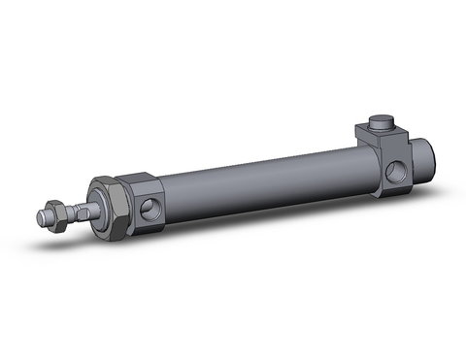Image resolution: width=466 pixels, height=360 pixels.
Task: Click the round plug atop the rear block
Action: point(381,124)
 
